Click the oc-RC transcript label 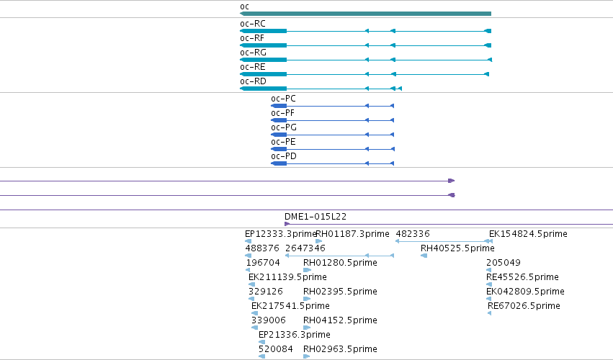pyautogui.click(x=253, y=24)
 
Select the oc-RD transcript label pyautogui.click(x=253, y=81)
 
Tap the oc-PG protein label pyautogui.click(x=284, y=127)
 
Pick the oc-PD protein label pyautogui.click(x=284, y=156)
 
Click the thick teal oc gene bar pyautogui.click(x=365, y=14)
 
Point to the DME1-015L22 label pyautogui.click(x=316, y=217)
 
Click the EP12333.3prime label pyautogui.click(x=280, y=234)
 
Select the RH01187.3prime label pyautogui.click(x=352, y=234)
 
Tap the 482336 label pyautogui.click(x=413, y=234)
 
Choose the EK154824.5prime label pyautogui.click(x=528, y=234)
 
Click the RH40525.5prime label pyautogui.click(x=457, y=248)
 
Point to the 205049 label pyautogui.click(x=504, y=263)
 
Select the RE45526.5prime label pyautogui.click(x=522, y=277)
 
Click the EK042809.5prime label pyautogui.click(x=525, y=292)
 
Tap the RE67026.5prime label pyautogui.click(x=524, y=306)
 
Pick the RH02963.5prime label pyautogui.click(x=340, y=349)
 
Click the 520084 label pyautogui.click(x=276, y=349)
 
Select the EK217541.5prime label pyautogui.click(x=290, y=306)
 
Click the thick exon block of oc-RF pyautogui.click(x=264, y=46)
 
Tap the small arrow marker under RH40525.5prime pyautogui.click(x=424, y=256)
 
